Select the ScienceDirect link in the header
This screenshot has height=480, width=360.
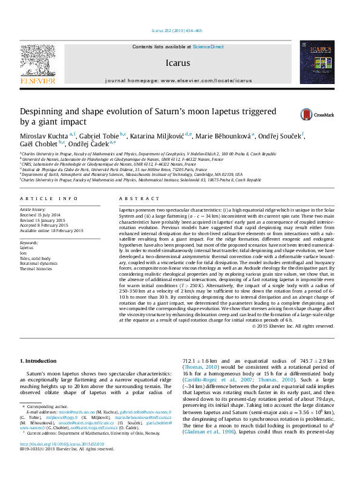[208, 47]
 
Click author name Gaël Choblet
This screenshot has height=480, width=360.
[39, 143]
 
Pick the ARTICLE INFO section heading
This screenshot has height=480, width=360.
[49, 198]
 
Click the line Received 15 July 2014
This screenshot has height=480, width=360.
[41, 214]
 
